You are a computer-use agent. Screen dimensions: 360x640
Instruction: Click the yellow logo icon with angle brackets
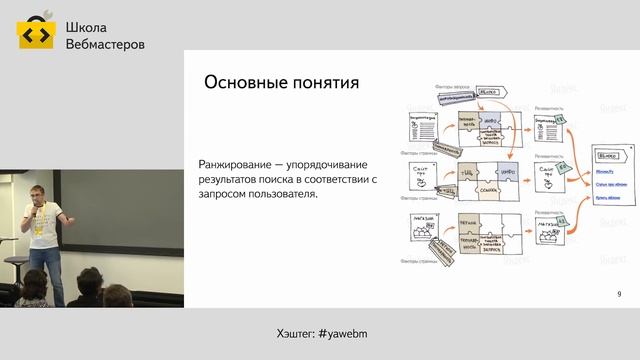pyautogui.click(x=36, y=34)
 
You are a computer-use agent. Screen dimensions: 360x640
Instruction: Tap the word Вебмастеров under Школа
pyautogui.click(x=104, y=45)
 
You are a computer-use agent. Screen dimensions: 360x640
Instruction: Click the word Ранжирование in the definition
pyautogui.click(x=240, y=165)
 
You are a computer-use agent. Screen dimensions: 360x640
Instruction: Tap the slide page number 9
pyautogui.click(x=619, y=294)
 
